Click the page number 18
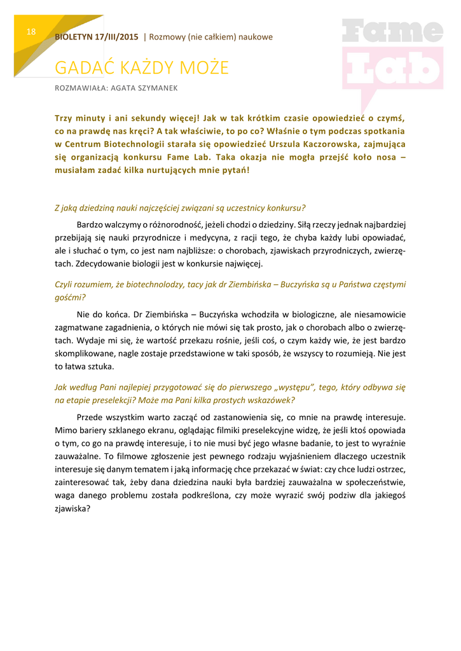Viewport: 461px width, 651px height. pos(31,32)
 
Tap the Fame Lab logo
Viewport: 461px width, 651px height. pos(392,57)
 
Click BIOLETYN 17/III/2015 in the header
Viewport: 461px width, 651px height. pos(97,37)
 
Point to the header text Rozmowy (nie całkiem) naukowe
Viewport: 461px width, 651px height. pos(210,37)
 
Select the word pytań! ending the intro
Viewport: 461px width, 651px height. pos(234,170)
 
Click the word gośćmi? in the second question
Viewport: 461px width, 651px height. pos(70,297)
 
